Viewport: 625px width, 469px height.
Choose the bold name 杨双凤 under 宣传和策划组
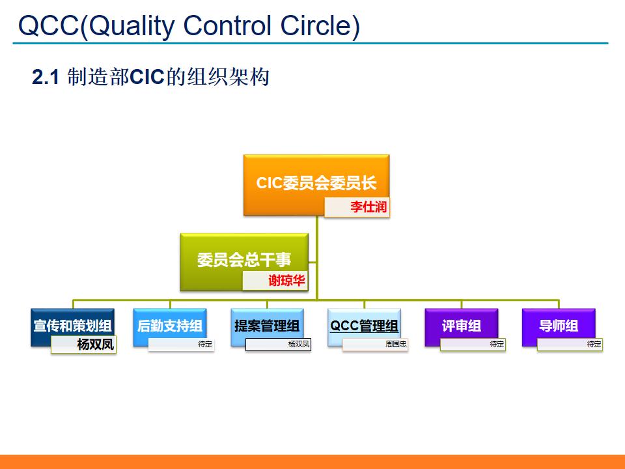95,345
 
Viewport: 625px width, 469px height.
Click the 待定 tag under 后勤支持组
205,344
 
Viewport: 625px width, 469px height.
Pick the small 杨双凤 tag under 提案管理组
299,344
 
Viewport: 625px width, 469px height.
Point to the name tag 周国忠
396,344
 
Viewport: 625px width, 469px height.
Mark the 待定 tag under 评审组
496,344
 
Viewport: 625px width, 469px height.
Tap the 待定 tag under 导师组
594,344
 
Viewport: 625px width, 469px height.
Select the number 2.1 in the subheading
46,78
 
